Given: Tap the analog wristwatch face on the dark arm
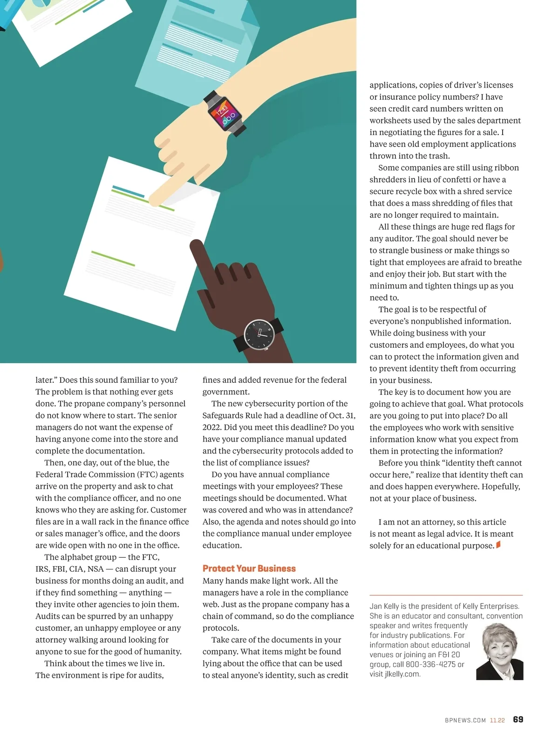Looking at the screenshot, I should (259, 335).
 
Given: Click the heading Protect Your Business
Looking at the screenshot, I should (249, 568).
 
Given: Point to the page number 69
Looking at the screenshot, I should (518, 719).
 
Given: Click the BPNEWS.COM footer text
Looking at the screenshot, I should (465, 720).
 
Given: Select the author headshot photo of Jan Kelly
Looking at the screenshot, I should (500, 652).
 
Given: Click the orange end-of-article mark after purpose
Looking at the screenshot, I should (498, 544).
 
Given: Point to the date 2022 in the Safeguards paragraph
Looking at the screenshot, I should (211, 427).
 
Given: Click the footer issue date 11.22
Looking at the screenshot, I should (497, 720).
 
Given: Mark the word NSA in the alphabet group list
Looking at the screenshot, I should (95, 569).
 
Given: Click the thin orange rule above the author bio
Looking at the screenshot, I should (446, 595).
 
